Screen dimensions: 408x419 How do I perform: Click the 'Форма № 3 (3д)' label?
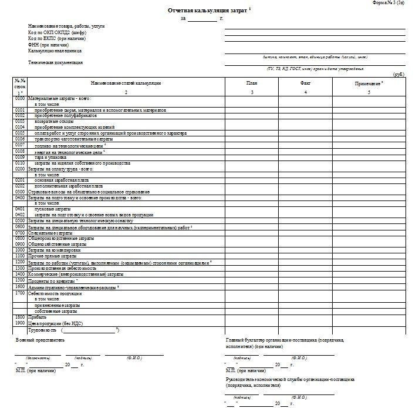(x=388, y=3)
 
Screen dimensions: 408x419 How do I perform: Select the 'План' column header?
(x=252, y=83)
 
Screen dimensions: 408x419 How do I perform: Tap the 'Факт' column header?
(x=305, y=83)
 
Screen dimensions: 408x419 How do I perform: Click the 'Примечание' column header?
(x=368, y=83)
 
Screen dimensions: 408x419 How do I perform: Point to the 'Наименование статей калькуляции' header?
(x=126, y=83)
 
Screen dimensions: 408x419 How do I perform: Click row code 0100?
(x=20, y=99)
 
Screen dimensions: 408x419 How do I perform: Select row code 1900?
(x=20, y=322)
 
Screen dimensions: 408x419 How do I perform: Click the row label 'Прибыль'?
(x=37, y=316)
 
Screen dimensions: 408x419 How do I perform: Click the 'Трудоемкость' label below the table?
(x=42, y=329)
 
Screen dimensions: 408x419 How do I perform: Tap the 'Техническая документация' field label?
(x=55, y=62)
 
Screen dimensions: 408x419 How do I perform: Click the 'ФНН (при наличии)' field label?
(x=48, y=45)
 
